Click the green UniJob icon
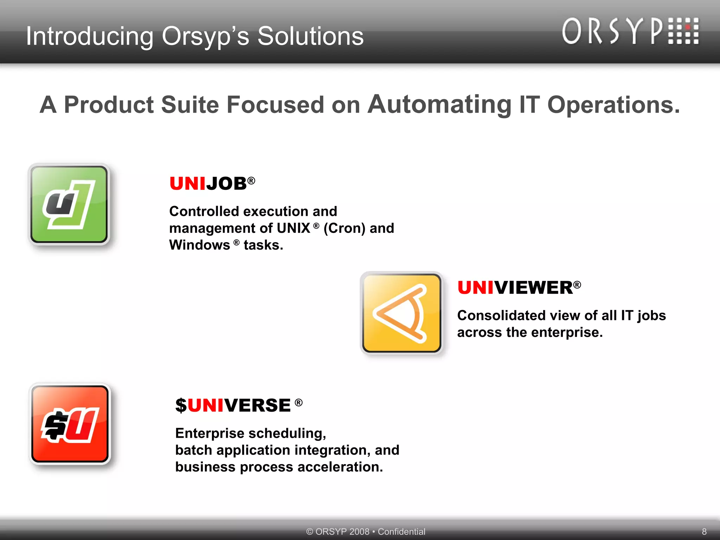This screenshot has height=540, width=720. [x=69, y=205]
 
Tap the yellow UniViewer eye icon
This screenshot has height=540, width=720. [x=402, y=313]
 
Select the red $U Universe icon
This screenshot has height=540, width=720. [x=70, y=424]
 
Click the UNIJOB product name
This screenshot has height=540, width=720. [x=208, y=184]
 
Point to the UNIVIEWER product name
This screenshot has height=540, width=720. [x=515, y=288]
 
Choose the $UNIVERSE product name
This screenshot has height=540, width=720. [x=233, y=405]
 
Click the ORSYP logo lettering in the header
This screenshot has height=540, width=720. [x=612, y=32]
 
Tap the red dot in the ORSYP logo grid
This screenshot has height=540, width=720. [x=688, y=27]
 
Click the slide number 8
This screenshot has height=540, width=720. [x=704, y=531]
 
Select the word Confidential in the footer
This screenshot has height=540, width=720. [x=401, y=531]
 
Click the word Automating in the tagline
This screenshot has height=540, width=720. [x=439, y=104]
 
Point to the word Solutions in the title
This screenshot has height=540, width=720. [x=310, y=36]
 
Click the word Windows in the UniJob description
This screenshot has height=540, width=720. [x=199, y=245]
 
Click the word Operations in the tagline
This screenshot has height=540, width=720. [x=613, y=104]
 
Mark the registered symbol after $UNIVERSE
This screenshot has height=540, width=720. [x=298, y=402]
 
